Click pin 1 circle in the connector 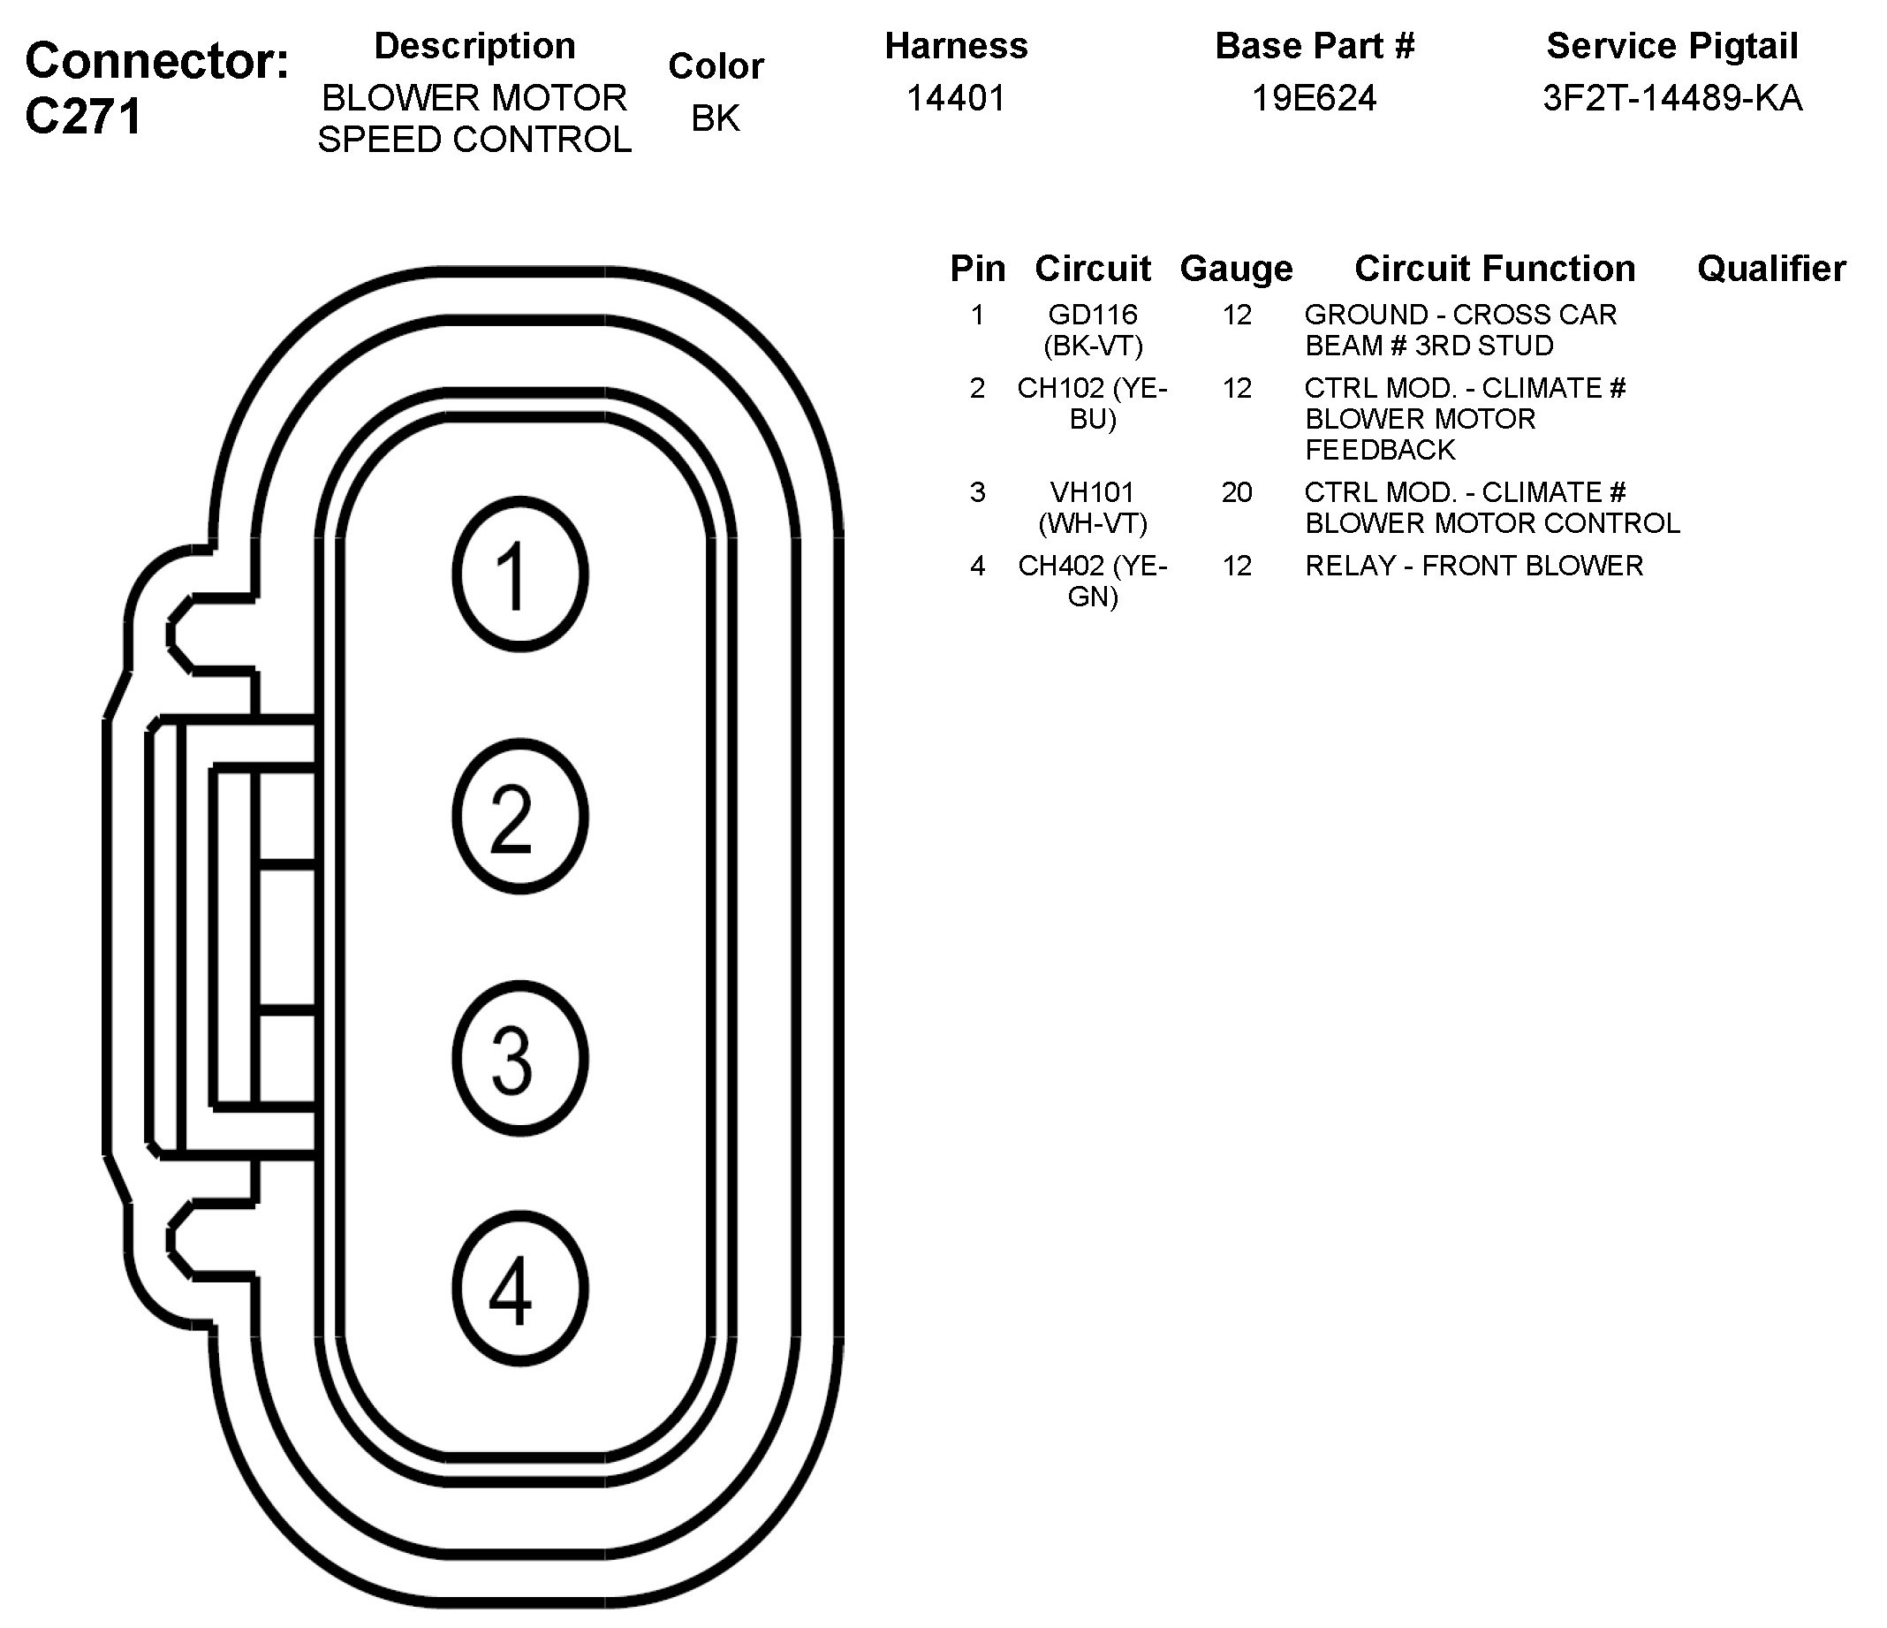pyautogui.click(x=519, y=574)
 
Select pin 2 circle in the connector pyautogui.click(x=519, y=817)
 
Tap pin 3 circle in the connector pyautogui.click(x=519, y=1058)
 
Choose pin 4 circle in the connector pyautogui.click(x=519, y=1289)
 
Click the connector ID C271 pyautogui.click(x=84, y=117)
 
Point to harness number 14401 pyautogui.click(x=955, y=98)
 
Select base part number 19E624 pyautogui.click(x=1314, y=98)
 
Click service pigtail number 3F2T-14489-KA pyautogui.click(x=1672, y=98)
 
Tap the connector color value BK pyautogui.click(x=715, y=118)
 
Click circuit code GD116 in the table pyautogui.click(x=1093, y=315)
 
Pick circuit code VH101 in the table pyautogui.click(x=1093, y=492)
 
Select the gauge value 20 pyautogui.click(x=1236, y=492)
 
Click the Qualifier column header pyautogui.click(x=1771, y=269)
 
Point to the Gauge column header pyautogui.click(x=1236, y=269)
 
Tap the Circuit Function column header pyautogui.click(x=1495, y=269)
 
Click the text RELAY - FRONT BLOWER pyautogui.click(x=1474, y=566)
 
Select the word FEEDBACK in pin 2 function pyautogui.click(x=1380, y=450)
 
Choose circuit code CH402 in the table pyautogui.click(x=1061, y=566)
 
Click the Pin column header pyautogui.click(x=977, y=269)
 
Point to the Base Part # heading pyautogui.click(x=1315, y=47)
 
